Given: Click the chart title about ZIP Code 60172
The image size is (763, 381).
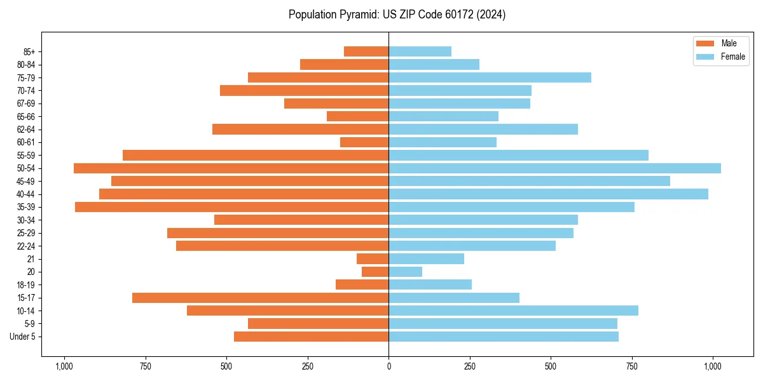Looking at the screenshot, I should (x=397, y=15).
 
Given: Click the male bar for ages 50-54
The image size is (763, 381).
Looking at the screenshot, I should (x=231, y=168).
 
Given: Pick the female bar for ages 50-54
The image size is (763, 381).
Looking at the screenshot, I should (x=554, y=168).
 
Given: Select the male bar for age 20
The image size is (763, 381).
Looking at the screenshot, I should (x=375, y=272).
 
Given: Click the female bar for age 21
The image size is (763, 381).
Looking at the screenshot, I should (x=426, y=259).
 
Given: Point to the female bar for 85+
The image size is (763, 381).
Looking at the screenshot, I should (x=420, y=51).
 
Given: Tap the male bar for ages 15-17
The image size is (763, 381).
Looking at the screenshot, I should (x=260, y=298).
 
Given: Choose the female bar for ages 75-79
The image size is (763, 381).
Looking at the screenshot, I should (x=490, y=77).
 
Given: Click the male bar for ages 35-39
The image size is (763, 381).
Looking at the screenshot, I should (x=231, y=207).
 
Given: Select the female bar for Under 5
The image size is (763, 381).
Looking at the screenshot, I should (x=503, y=337).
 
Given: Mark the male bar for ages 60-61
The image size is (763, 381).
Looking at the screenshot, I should (x=364, y=142).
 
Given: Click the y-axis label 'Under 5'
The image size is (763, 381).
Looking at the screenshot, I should (x=22, y=337).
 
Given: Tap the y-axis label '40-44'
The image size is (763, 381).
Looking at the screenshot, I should (x=25, y=194).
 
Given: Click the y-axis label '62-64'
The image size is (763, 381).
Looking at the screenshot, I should (x=25, y=130).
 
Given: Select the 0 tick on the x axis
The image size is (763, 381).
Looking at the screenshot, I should (x=388, y=366).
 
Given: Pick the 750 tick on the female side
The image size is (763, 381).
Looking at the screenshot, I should (x=631, y=366).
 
